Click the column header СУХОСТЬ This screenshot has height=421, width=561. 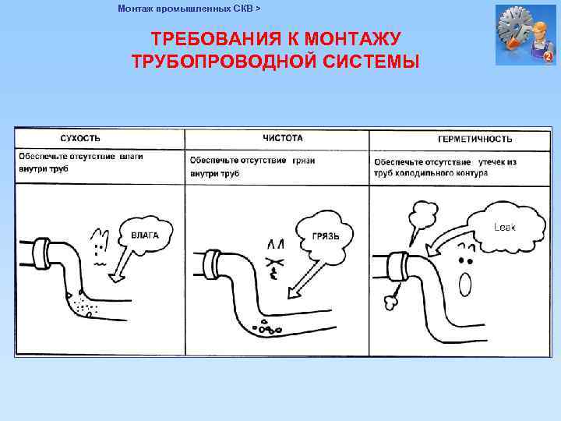pyautogui.click(x=80, y=139)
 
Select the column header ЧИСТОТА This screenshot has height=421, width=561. pyautogui.click(x=282, y=138)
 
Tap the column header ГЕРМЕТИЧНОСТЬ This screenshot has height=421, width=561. pyautogui.click(x=475, y=139)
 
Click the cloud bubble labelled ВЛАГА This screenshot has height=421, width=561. pyautogui.click(x=145, y=233)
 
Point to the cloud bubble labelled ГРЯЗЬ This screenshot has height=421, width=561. pyautogui.click(x=325, y=233)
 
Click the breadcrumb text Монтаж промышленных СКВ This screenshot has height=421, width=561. pyautogui.click(x=185, y=9)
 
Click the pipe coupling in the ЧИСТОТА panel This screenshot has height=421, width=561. pyautogui.click(x=213, y=263)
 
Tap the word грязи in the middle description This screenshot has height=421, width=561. pyautogui.click(x=304, y=160)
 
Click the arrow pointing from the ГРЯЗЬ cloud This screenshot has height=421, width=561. pyautogui.click(x=300, y=277)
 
